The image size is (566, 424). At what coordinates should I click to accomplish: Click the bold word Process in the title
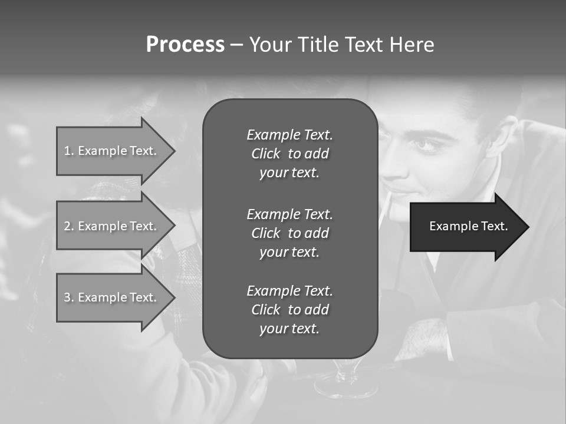click(185, 45)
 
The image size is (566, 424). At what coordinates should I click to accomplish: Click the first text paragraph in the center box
click(289, 154)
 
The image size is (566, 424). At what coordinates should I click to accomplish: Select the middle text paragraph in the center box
click(289, 233)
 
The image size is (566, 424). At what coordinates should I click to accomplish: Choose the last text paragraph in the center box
click(289, 310)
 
